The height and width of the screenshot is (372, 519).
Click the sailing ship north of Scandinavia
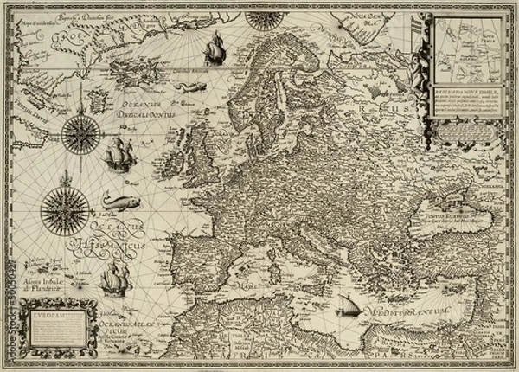pyautogui.click(x=214, y=54)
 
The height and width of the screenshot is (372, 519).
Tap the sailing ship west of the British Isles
pyautogui.click(x=119, y=157)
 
